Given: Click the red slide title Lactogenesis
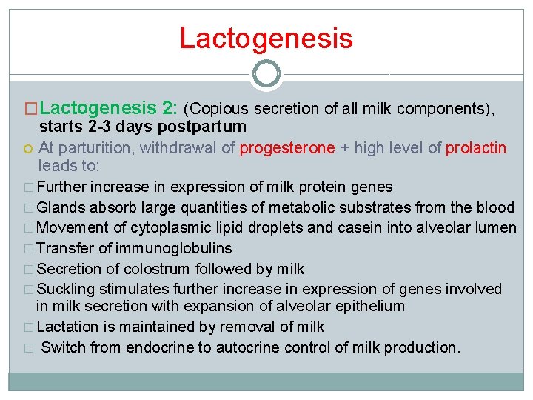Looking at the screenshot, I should pos(266,38).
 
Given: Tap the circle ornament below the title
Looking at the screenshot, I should pos(266,74).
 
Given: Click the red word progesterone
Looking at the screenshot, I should pos(287,148).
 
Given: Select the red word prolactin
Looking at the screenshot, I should pos(476,148).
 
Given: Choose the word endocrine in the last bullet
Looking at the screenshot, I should pos(155,347).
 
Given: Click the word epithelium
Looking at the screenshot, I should pos(365,306).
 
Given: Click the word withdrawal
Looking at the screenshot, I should pos(179,148).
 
